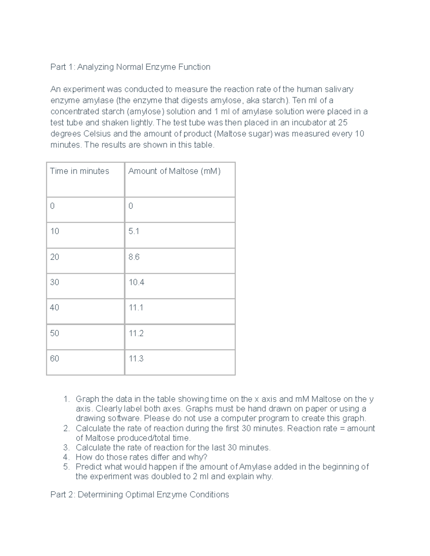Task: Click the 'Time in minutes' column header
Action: (80, 171)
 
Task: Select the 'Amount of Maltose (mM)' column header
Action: (174, 171)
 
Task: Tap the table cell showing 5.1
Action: (134, 231)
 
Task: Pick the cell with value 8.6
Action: (134, 257)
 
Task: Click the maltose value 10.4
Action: (136, 282)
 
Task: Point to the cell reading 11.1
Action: (136, 308)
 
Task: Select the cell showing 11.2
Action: (136, 333)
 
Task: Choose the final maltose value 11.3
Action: (136, 359)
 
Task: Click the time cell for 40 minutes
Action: (54, 308)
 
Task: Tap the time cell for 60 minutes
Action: (54, 359)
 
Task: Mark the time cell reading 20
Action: (54, 257)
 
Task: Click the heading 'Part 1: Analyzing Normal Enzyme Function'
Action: (130, 67)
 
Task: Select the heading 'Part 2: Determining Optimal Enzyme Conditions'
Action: (139, 494)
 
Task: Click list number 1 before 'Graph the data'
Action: (66, 399)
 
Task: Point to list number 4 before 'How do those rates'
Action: (66, 457)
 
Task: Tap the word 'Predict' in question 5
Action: (88, 467)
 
